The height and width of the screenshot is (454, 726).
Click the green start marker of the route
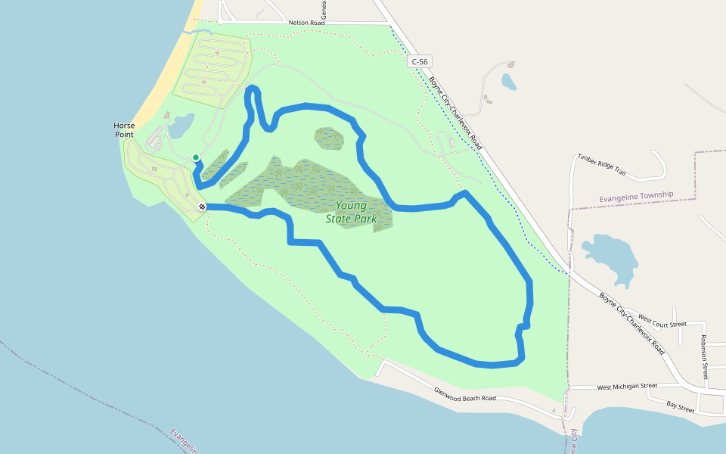pos(196,157)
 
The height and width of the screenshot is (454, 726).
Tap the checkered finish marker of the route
pos(203,207)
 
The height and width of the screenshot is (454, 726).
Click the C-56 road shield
pos(420,61)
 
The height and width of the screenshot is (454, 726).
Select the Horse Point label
pos(123,129)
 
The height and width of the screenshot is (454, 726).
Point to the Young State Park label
pos(351,212)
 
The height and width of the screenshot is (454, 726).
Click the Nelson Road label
pos(306,23)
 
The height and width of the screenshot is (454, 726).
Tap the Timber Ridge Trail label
pos(601,164)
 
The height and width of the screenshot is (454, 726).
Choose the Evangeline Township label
pos(636,196)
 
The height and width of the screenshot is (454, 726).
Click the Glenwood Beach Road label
pos(465,393)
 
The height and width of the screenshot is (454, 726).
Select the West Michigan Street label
pos(627,387)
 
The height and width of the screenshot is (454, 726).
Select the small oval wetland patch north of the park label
pos(329,138)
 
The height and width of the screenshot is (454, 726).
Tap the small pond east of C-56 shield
pos(509,81)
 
